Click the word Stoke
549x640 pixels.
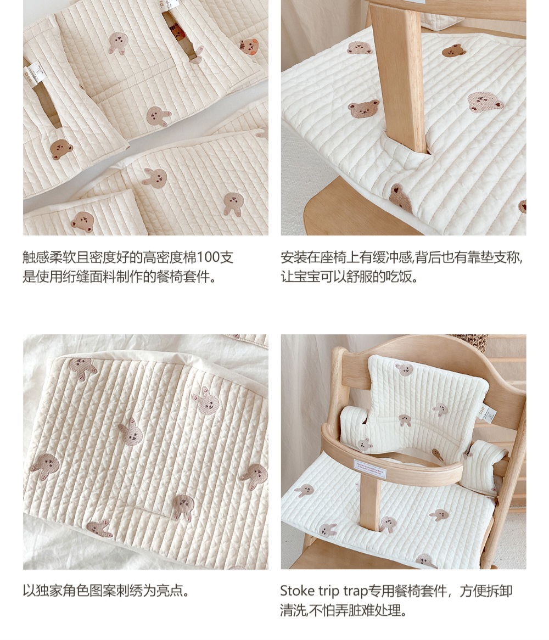click(x=297, y=591)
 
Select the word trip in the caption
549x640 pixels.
click(x=329, y=592)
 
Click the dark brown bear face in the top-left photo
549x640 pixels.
click(x=61, y=149)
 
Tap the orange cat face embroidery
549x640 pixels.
click(x=249, y=47)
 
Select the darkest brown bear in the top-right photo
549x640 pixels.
click(x=454, y=50)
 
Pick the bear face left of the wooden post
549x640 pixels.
click(x=363, y=108)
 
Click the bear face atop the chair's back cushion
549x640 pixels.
click(x=404, y=369)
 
